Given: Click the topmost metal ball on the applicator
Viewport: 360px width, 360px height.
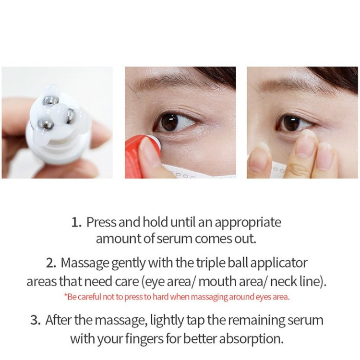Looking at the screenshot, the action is point(51,101).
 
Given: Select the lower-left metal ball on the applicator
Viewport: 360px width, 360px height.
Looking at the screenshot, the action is point(46,125).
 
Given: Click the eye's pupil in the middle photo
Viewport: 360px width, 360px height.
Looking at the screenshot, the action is point(169,122).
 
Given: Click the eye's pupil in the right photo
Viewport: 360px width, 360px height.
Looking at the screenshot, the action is point(291,123).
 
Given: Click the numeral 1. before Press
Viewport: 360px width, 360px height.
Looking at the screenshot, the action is point(76,222).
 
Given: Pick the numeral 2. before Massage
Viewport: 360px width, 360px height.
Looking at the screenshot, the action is point(51,263).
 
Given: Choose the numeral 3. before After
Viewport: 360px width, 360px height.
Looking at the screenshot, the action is point(36,320).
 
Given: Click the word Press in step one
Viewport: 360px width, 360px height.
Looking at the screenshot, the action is point(101,222).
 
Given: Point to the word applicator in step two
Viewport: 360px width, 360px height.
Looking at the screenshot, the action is point(279,264).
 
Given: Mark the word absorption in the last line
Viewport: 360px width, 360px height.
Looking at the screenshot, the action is point(251,339).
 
